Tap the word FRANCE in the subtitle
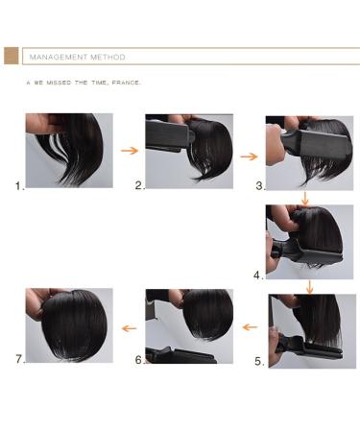(x=126, y=83)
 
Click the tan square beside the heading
(x=12, y=57)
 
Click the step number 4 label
(x=259, y=275)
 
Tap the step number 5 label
(x=259, y=362)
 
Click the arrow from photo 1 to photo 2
(x=129, y=151)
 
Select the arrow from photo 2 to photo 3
(x=249, y=154)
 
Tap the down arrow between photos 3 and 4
(x=305, y=198)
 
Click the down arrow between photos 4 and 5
(x=309, y=285)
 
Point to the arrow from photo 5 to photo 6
(x=249, y=326)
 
